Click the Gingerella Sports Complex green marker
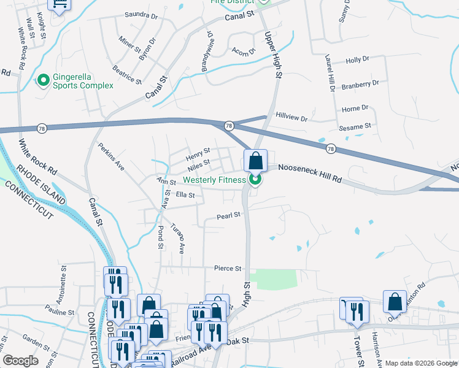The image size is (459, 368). (43, 80)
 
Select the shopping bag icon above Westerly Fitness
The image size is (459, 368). (256, 161)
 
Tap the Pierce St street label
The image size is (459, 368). (228, 268)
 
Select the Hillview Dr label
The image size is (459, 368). (291, 115)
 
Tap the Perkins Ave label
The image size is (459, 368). (112, 158)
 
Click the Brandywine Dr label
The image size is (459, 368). (207, 50)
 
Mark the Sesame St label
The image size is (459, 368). (355, 126)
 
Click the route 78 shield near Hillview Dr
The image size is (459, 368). (228, 125)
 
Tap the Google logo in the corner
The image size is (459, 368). (20, 360)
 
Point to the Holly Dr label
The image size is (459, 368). (357, 60)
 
